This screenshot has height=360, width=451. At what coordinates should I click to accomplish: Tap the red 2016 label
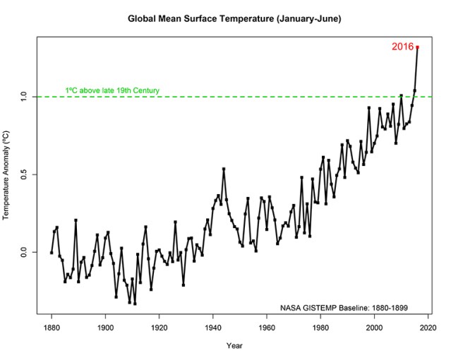[402, 47]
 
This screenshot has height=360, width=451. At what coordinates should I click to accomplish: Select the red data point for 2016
[418, 47]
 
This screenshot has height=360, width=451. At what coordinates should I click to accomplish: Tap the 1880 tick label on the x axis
[52, 328]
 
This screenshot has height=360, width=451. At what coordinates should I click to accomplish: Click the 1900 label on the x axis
[105, 328]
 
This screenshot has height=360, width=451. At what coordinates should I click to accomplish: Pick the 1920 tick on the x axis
[159, 328]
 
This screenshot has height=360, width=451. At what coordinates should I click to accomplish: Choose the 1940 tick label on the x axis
[213, 328]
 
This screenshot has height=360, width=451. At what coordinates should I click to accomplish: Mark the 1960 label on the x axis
[267, 328]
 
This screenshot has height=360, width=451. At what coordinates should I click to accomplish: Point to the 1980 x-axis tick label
[320, 328]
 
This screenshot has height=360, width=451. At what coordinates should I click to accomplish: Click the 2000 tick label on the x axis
[374, 328]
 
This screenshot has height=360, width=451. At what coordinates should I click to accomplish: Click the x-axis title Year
[234, 346]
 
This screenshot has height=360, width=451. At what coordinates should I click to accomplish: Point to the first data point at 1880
[52, 252]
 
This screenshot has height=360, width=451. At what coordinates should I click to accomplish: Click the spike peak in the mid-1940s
[224, 169]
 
